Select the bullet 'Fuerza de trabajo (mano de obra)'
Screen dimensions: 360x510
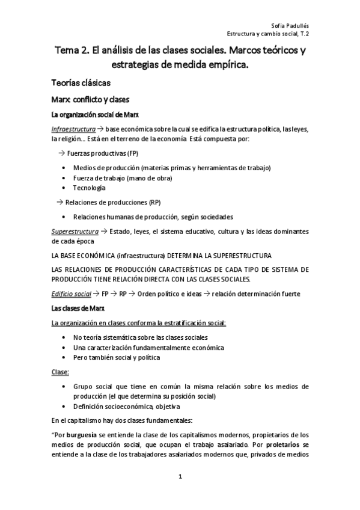[121, 177]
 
